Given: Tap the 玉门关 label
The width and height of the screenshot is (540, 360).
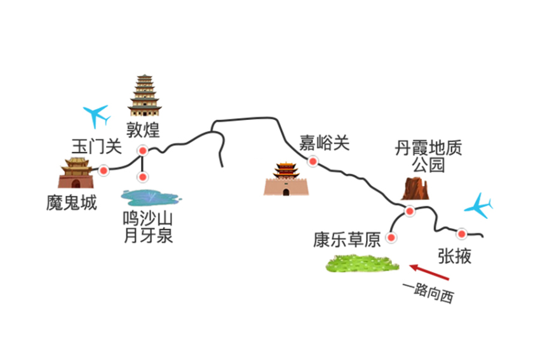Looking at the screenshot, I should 96,146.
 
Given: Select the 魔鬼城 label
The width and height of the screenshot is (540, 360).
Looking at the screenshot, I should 72,203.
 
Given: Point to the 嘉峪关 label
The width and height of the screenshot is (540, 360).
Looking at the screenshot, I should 325,143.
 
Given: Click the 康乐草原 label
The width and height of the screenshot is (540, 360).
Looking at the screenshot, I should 346,239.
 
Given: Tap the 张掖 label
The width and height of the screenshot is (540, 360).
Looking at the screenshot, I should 455,255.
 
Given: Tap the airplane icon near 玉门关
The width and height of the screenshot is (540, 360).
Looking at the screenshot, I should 97,116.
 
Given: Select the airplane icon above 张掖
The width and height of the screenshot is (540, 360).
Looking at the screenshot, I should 478,205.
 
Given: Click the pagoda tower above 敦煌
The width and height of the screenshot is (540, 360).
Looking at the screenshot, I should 145,95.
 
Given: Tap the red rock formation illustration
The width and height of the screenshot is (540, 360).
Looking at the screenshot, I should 415,189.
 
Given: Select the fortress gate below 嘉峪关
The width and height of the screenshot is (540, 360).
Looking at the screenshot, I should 287,179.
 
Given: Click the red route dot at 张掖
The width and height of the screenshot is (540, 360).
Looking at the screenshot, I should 462,234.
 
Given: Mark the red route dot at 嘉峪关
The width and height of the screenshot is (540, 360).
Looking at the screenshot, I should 313,161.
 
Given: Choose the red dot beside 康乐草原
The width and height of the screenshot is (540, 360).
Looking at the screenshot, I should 392,237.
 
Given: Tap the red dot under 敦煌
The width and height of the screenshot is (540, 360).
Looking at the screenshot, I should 142,151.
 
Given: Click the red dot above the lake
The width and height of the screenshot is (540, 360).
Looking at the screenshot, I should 143,177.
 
